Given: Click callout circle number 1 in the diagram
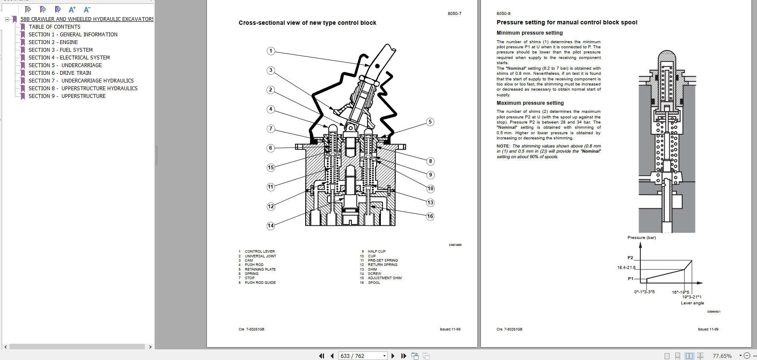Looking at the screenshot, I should click(271, 51).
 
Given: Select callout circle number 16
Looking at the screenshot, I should click(430, 216).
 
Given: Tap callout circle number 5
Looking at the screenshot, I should click(430, 122).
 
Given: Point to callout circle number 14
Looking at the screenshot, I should click(271, 226).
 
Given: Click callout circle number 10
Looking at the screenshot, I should click(430, 189).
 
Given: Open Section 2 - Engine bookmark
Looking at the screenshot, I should click(53, 42).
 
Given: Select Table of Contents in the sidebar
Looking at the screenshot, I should click(54, 27).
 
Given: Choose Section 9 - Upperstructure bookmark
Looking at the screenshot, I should click(67, 96).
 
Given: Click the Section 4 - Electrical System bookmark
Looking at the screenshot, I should click(69, 58).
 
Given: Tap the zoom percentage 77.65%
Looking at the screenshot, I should click(722, 356).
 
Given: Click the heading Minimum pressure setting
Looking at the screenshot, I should click(530, 33).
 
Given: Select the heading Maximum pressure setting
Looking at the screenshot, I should click(530, 103).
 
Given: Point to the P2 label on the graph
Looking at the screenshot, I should click(630, 258).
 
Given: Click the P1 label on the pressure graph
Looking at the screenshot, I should click(630, 279).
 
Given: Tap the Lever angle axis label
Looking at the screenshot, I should click(692, 303).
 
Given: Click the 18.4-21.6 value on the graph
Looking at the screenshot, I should click(626, 268).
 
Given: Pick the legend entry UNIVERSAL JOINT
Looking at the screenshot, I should click(260, 256).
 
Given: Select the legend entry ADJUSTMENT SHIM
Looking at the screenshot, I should click(385, 278).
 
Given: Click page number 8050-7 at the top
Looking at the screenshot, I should click(454, 14).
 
